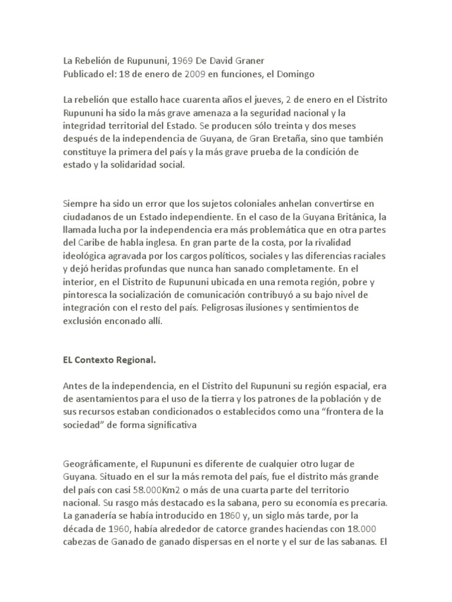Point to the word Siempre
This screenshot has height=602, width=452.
click(x=80, y=203)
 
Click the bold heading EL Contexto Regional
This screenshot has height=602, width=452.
click(x=111, y=359)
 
